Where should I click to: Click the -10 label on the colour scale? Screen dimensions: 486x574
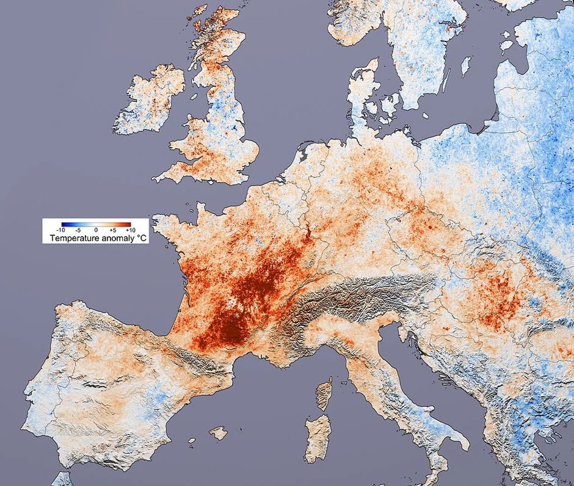click(x=61, y=230)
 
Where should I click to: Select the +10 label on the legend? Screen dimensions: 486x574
click(x=130, y=230)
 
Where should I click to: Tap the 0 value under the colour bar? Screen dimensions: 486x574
click(x=96, y=230)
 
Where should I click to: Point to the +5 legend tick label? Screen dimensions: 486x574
click(x=114, y=230)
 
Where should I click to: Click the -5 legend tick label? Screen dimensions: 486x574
click(x=79, y=230)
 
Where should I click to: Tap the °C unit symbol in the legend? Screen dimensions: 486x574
click(x=140, y=238)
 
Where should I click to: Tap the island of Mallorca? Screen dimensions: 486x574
click(x=218, y=433)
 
